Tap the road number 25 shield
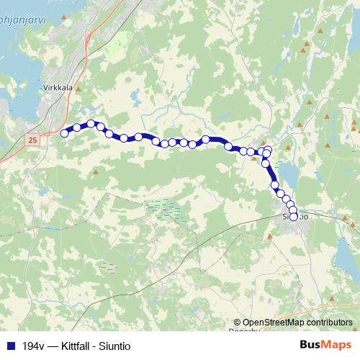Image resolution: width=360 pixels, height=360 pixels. tap(32, 140)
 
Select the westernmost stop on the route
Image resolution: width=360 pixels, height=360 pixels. tap(64, 132)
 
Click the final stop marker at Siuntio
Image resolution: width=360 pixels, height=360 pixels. tap(293, 217)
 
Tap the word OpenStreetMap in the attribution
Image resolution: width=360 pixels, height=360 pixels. tap(274, 323)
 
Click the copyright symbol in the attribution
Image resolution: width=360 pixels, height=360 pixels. tap(237, 323)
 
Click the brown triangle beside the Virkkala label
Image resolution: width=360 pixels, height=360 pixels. tap(81, 91)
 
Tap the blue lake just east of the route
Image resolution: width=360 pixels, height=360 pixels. tap(288, 173)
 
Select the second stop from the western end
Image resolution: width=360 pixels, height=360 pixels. tap(77, 127)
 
